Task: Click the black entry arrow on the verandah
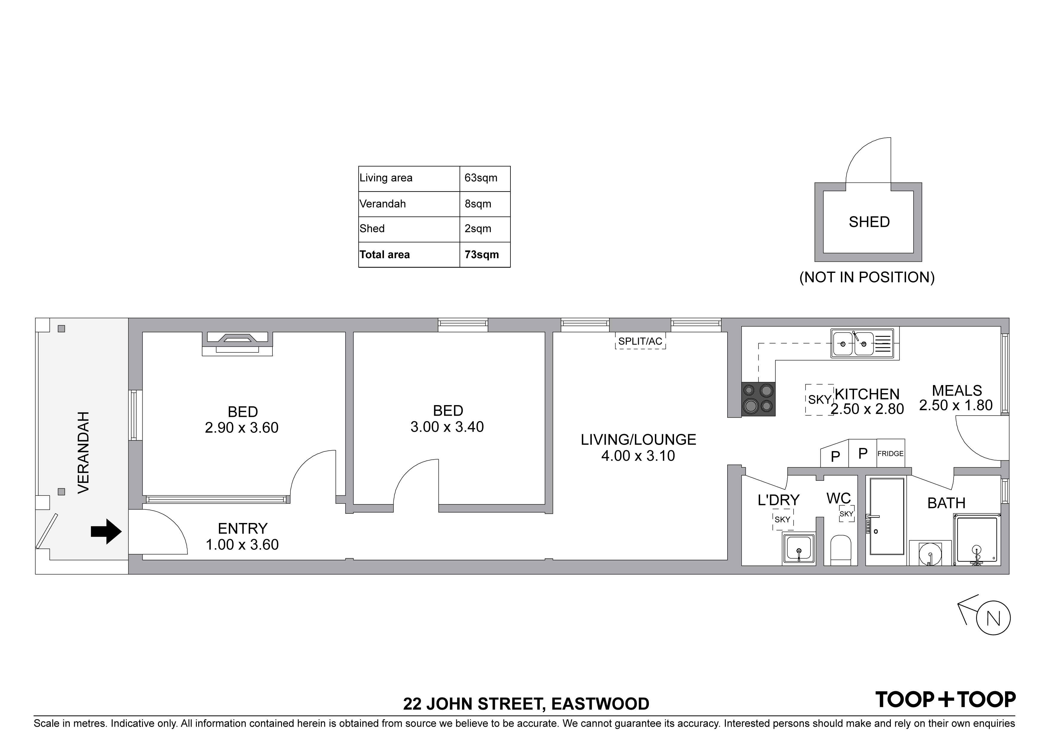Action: coord(106,531)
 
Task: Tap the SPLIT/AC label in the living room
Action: coord(640,341)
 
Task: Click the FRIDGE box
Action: coord(891,454)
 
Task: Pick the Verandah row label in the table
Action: coord(383,204)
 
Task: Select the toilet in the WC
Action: coord(841,550)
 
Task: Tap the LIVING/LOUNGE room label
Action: coord(638,440)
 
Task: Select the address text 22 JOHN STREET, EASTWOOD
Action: coord(526,704)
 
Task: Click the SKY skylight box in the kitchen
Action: coord(819,400)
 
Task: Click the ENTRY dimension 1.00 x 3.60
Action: coord(242,545)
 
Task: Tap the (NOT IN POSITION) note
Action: coord(867,278)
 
